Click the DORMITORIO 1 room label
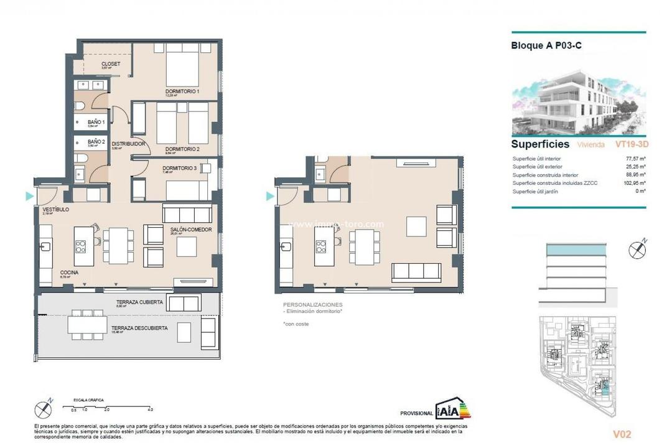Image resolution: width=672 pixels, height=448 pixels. click(182, 91)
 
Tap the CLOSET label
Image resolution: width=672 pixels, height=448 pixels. click(111, 64)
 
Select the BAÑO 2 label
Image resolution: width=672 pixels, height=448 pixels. click(96, 142)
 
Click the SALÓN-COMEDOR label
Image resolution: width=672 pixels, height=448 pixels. click(191, 230)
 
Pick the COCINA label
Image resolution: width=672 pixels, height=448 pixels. click(69, 273)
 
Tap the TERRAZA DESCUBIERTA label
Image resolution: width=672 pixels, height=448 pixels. click(139, 328)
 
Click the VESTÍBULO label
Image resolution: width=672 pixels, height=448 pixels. click(55, 210)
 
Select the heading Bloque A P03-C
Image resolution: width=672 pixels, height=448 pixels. click(546, 45)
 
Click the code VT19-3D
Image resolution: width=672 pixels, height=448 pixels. click(630, 144)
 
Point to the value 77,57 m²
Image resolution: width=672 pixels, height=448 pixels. click(635, 158)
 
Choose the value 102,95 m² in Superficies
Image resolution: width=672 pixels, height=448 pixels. click(634, 183)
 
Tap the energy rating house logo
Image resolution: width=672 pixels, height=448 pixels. click(454, 409)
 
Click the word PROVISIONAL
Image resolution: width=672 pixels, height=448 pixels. click(417, 413)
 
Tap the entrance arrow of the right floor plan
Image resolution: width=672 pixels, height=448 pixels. click(270, 196)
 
